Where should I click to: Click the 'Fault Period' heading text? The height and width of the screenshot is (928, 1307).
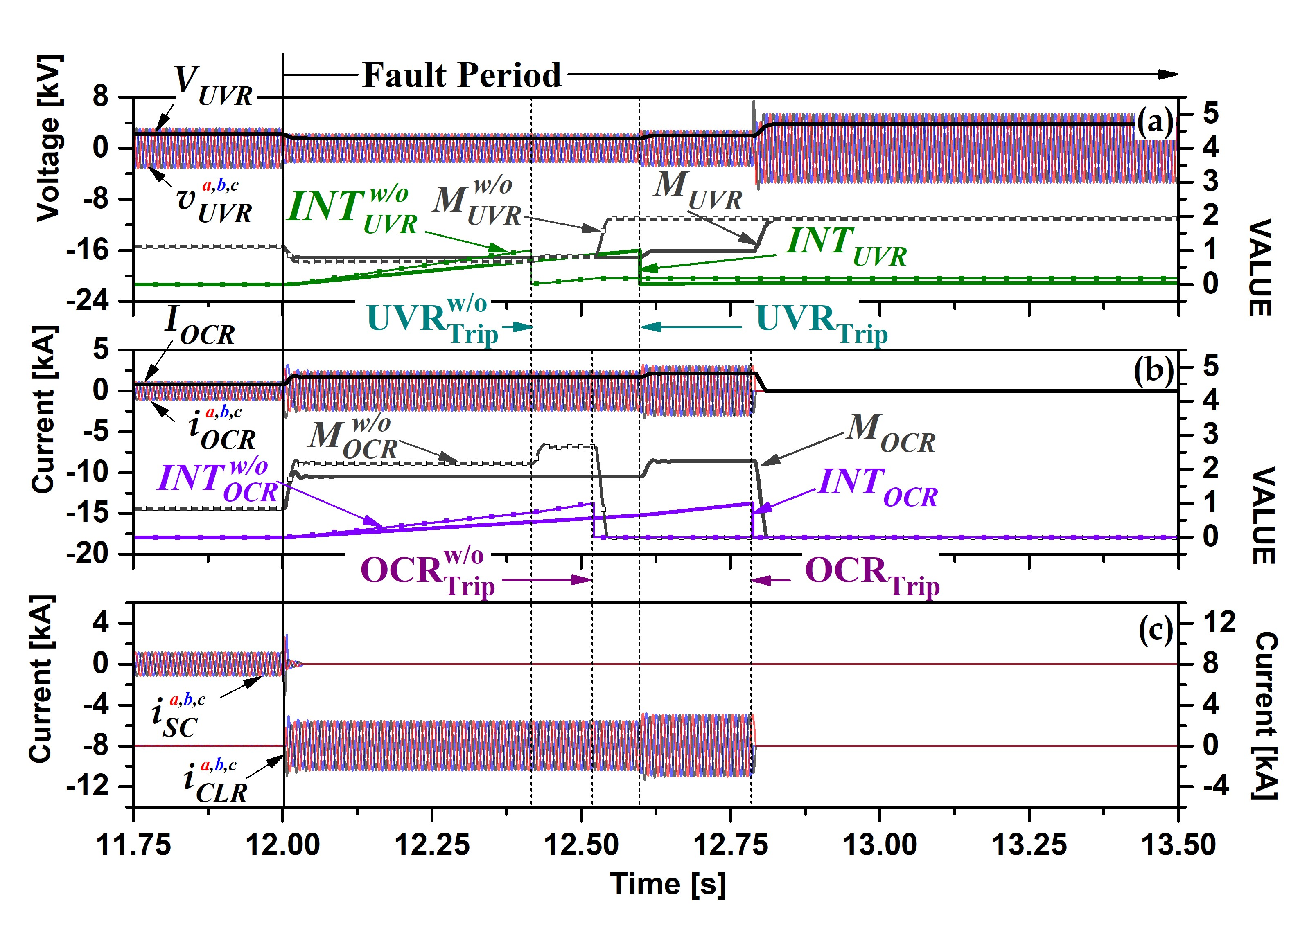tap(462, 75)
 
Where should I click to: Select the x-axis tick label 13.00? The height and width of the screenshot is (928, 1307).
tap(880, 845)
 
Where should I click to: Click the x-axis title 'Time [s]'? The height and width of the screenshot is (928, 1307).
tap(668, 883)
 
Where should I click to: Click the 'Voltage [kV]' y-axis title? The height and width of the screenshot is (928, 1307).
tap(49, 138)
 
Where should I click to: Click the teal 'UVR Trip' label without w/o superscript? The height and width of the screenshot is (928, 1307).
tap(822, 323)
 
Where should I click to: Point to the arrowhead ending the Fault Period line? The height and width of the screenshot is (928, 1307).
tap(1169, 75)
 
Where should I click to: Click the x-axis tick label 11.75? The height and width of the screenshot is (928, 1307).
tap(133, 845)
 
